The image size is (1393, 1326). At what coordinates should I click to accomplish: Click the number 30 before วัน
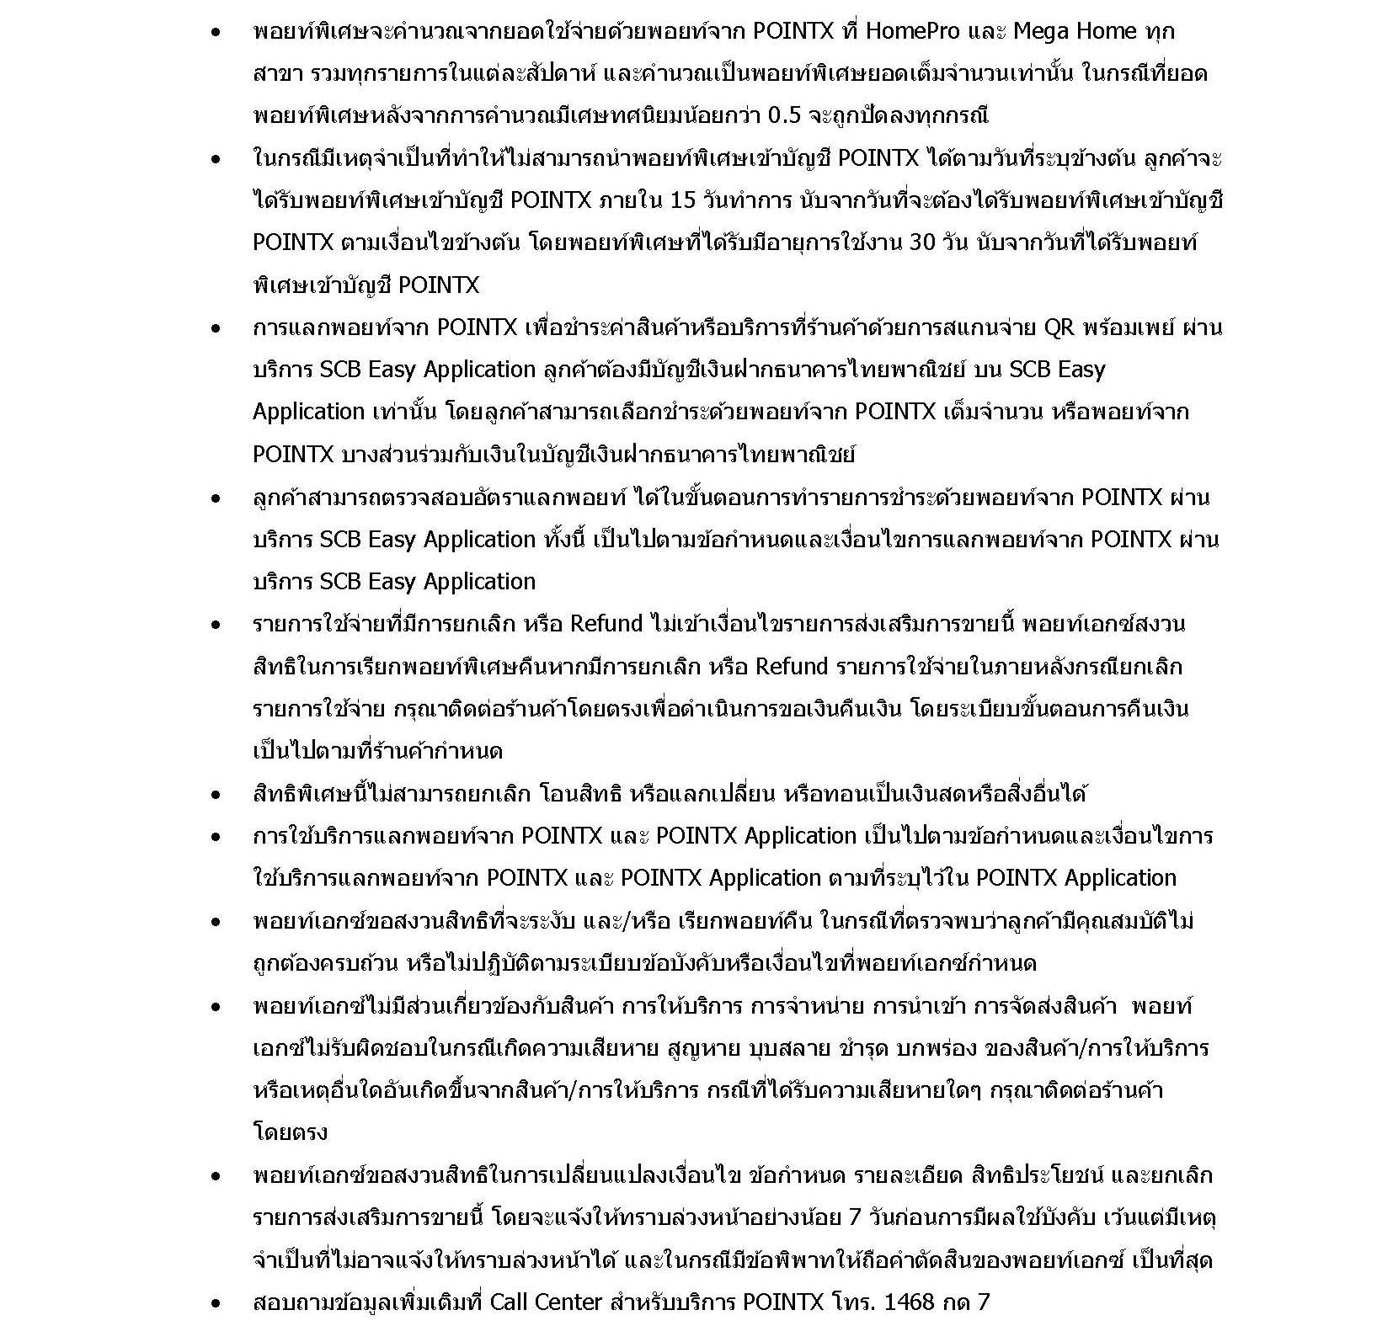(x=923, y=242)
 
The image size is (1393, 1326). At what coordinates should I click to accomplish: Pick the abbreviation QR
(x=1059, y=327)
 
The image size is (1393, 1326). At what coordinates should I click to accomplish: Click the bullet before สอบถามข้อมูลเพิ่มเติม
(x=216, y=1303)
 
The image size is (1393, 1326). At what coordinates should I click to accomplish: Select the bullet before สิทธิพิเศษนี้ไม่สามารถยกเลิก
(x=216, y=794)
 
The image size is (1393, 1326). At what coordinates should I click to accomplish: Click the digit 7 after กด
(x=983, y=1302)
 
